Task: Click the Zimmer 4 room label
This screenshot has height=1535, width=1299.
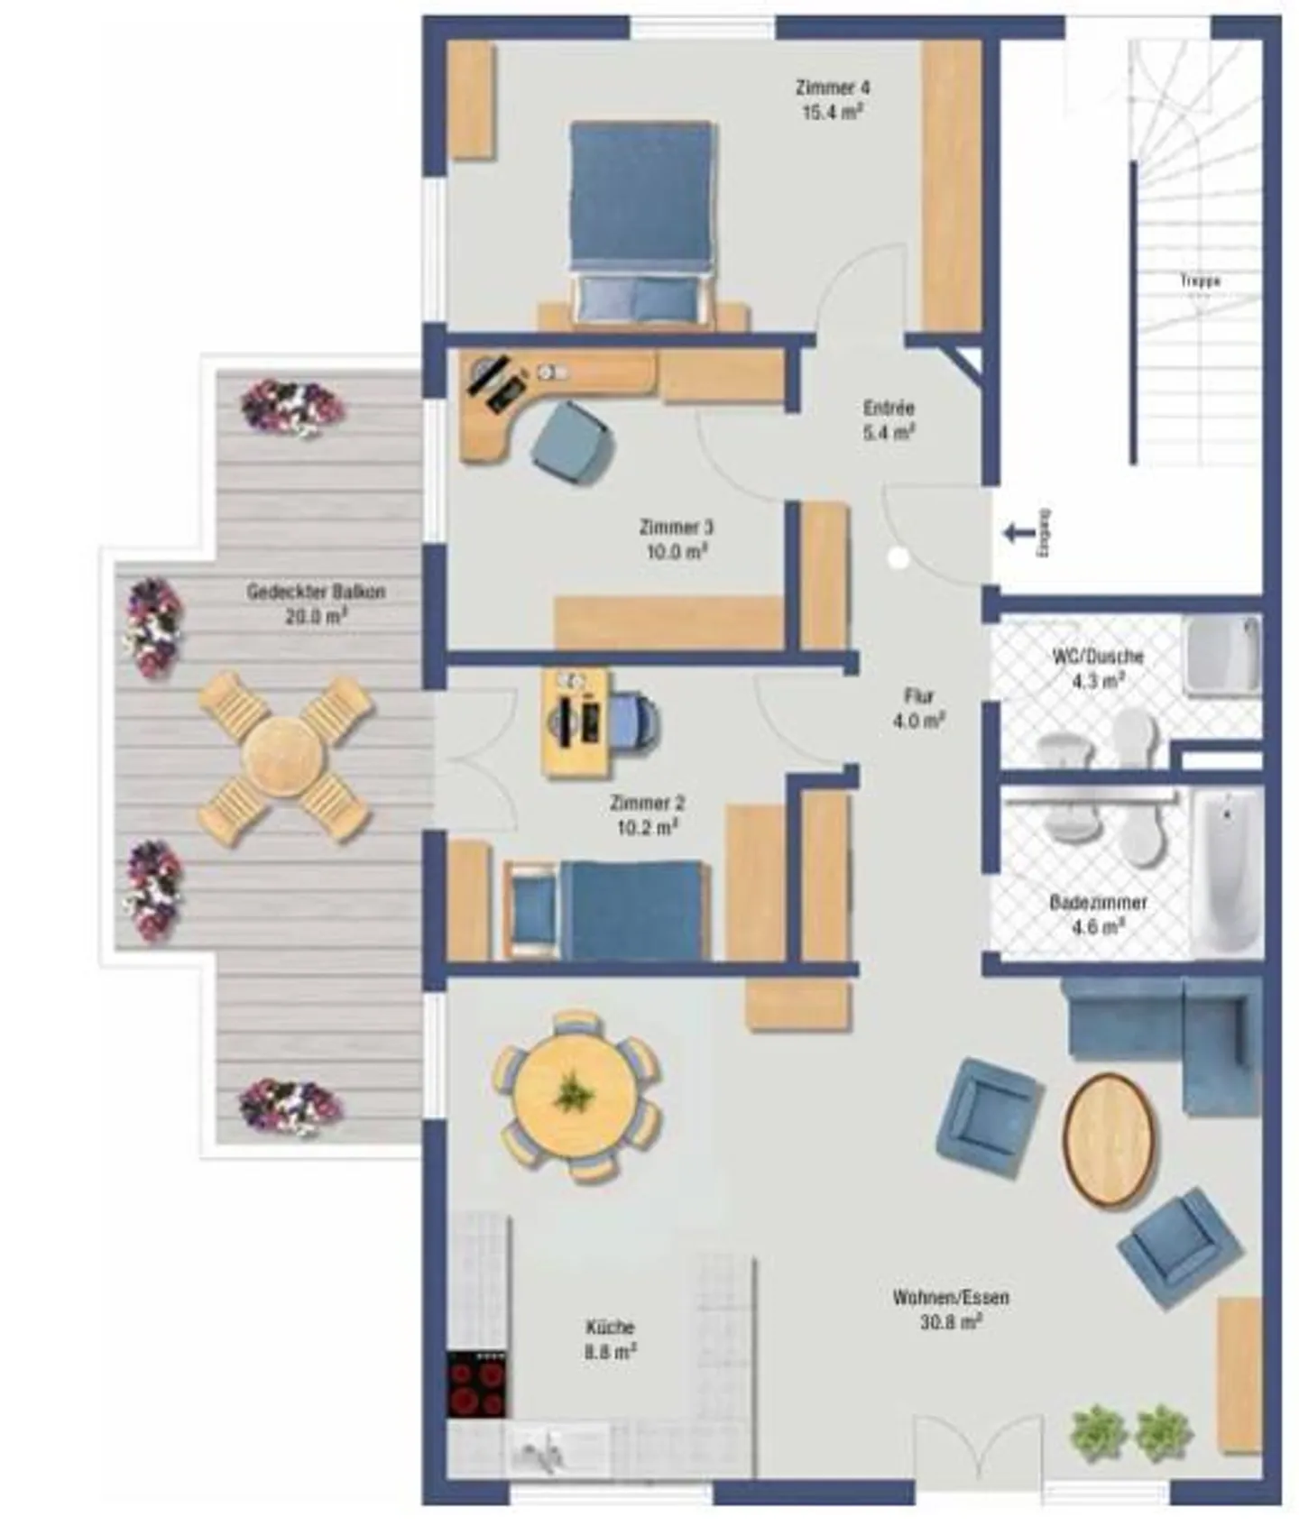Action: click(x=832, y=88)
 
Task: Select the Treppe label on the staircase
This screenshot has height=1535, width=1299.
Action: click(x=1200, y=281)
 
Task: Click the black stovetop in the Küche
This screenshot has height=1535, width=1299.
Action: click(x=477, y=1384)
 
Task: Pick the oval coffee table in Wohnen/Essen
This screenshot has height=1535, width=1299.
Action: click(x=1109, y=1139)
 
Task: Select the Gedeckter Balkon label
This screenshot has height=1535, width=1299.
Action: click(x=316, y=593)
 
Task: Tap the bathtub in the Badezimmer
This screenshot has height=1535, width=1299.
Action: click(x=1226, y=870)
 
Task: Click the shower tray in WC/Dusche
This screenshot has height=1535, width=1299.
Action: click(x=1222, y=655)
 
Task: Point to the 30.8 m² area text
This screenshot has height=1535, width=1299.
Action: click(x=951, y=1322)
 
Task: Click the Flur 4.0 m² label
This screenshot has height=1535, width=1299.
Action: click(x=918, y=708)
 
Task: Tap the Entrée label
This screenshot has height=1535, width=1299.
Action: click(x=889, y=408)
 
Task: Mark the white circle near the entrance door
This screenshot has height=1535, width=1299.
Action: click(x=898, y=559)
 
